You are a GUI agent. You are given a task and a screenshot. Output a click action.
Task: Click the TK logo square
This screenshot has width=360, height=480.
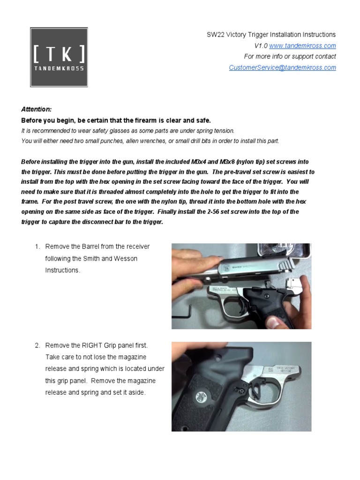tap(59, 57)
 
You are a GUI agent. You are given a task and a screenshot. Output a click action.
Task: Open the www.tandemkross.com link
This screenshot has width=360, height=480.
tap(302, 45)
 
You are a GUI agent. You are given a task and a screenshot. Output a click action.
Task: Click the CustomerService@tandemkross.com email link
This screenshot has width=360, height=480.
tap(282, 67)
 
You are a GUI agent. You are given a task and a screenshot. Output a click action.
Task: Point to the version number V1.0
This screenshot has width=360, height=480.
tap(261, 45)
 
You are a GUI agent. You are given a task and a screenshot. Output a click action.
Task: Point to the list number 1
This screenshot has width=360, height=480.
tap(37, 247)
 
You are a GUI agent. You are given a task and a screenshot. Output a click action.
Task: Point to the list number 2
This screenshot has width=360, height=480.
tap(37, 345)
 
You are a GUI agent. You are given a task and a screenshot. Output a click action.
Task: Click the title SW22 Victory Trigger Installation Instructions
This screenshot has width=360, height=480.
tap(271, 35)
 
